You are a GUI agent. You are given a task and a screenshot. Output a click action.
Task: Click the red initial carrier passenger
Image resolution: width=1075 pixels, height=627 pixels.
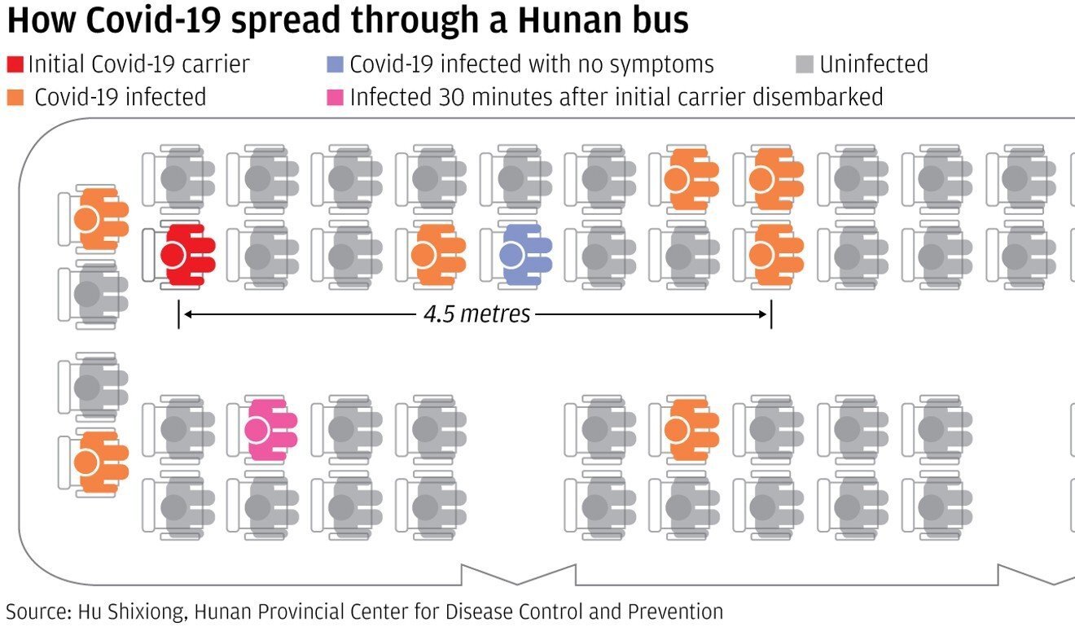coord(187,255)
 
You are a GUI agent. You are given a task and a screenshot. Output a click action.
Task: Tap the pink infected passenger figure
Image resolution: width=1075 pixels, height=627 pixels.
coord(271,430)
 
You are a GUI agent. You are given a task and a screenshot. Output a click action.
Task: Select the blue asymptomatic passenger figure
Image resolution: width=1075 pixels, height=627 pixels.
coord(525,255)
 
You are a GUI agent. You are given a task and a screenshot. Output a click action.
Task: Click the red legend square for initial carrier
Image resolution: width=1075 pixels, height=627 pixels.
coord(15,64)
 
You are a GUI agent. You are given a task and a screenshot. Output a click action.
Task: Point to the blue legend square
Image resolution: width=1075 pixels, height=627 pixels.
coord(335,64)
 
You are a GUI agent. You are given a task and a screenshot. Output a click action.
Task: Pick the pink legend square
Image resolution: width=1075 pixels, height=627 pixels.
coord(335,98)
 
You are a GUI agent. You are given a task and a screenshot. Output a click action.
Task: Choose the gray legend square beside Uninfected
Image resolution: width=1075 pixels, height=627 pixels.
coord(805,64)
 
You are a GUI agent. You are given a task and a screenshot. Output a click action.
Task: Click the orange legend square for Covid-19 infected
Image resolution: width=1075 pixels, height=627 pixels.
coord(15,98)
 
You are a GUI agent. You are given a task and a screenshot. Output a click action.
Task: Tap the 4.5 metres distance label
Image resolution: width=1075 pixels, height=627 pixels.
coord(477,314)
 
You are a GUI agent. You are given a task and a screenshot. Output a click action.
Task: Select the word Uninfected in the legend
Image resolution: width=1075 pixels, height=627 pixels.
coord(874,64)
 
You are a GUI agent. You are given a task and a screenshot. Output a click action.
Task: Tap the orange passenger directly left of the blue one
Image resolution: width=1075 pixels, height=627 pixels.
coord(439,255)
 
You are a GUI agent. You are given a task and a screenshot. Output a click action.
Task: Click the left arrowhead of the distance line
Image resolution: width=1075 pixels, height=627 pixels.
coord(188,314)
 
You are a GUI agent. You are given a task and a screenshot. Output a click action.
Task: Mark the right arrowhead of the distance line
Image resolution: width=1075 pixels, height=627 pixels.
coord(762,314)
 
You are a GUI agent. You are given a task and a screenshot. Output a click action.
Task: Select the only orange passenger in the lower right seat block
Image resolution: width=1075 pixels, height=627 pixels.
coord(691,430)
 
